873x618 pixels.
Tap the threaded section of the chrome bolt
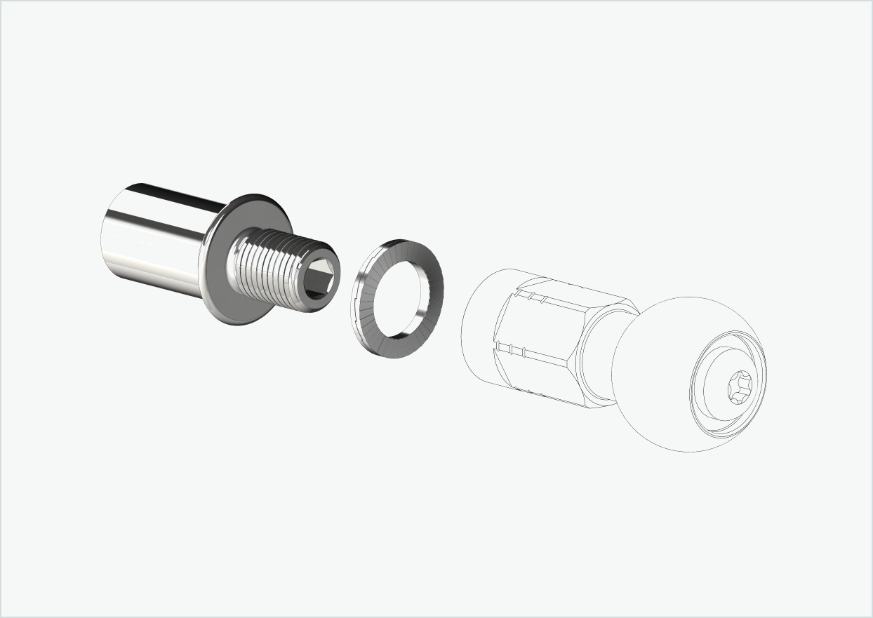(x=274, y=271)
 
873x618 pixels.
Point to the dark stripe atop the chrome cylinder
(x=175, y=195)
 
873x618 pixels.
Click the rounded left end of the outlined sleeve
(x=477, y=323)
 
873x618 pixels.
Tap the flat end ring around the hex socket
(x=329, y=262)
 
